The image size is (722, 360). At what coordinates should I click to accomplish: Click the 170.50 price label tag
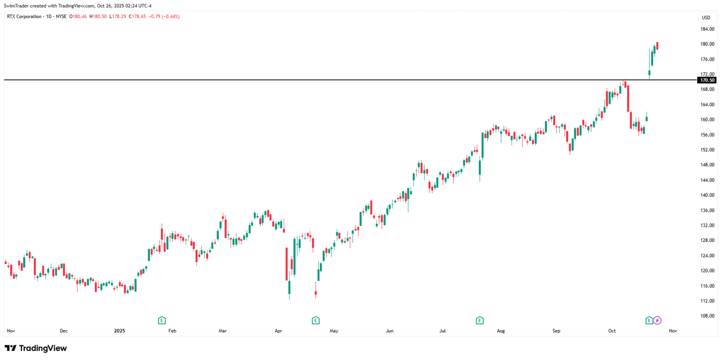(x=707, y=80)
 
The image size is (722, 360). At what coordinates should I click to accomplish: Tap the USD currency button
(x=706, y=17)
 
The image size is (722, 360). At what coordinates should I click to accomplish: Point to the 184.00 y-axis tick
(x=707, y=29)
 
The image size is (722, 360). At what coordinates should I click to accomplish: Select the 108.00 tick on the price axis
(x=707, y=316)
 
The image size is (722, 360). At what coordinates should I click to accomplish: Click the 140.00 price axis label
(x=707, y=195)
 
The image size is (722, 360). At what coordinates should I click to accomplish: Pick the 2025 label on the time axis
(x=119, y=331)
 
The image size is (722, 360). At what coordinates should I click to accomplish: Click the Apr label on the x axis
(x=278, y=331)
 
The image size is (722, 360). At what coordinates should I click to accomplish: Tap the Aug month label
(x=500, y=331)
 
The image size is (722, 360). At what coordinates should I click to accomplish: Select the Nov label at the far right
(x=672, y=331)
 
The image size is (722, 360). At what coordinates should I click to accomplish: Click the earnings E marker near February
(x=162, y=321)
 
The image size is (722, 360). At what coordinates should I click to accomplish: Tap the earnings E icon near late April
(x=316, y=321)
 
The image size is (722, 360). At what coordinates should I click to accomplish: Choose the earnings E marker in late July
(x=479, y=321)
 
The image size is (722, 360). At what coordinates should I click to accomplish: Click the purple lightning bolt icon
(x=657, y=321)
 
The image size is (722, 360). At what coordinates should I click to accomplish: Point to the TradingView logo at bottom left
(x=36, y=348)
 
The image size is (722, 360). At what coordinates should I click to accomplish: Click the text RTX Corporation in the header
(x=24, y=16)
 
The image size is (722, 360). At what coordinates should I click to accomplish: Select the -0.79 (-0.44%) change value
(x=164, y=16)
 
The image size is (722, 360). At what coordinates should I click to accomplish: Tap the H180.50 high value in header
(x=98, y=16)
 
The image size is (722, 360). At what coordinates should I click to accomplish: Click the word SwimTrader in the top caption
(x=16, y=6)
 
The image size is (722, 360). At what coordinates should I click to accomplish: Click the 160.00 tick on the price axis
(x=707, y=120)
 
